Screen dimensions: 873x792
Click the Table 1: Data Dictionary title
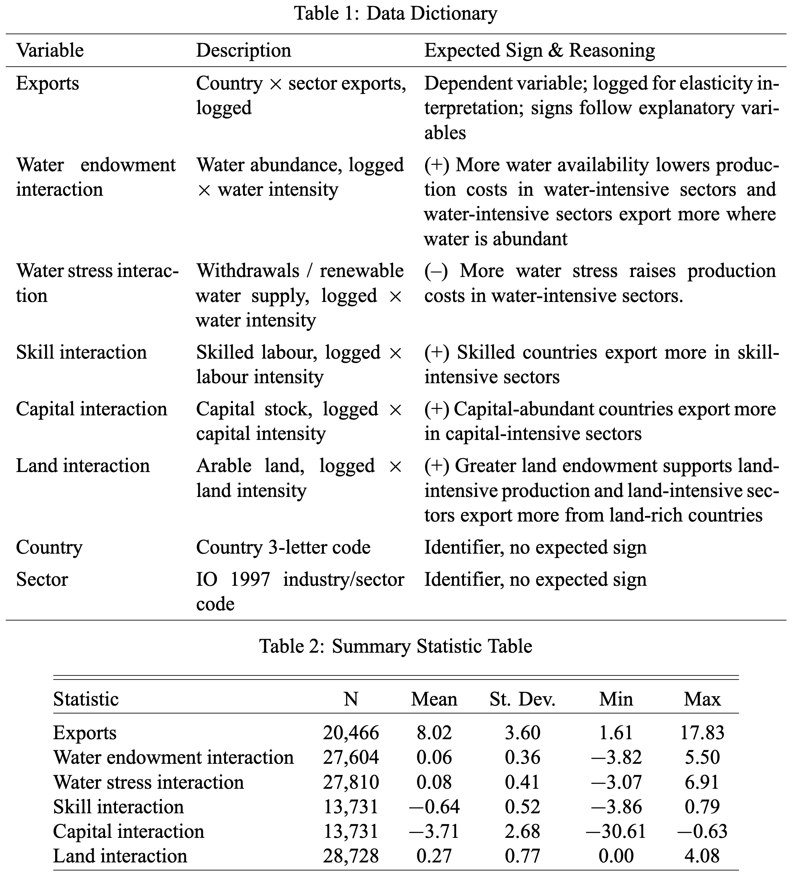395,14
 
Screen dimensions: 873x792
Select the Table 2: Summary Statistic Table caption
395,646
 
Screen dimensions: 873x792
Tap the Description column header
243,51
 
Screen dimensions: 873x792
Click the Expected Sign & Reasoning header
539,51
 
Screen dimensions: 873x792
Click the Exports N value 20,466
351,733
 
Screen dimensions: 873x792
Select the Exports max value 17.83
702,733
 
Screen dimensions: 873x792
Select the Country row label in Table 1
49,547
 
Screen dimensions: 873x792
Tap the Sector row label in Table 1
42,579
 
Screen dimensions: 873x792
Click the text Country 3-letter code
283,547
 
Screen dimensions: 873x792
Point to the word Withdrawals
247,271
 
